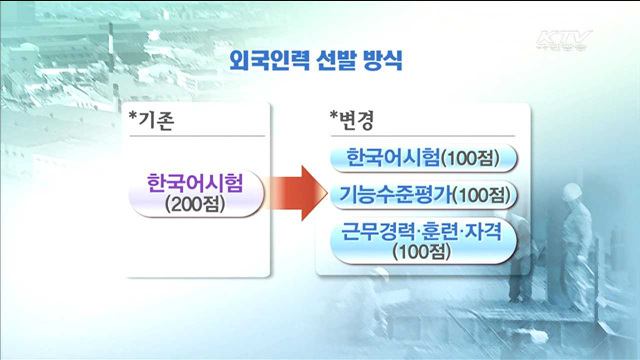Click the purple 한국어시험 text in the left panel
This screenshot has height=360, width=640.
tap(196, 185)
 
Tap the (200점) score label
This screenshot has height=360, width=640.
tap(196, 207)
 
